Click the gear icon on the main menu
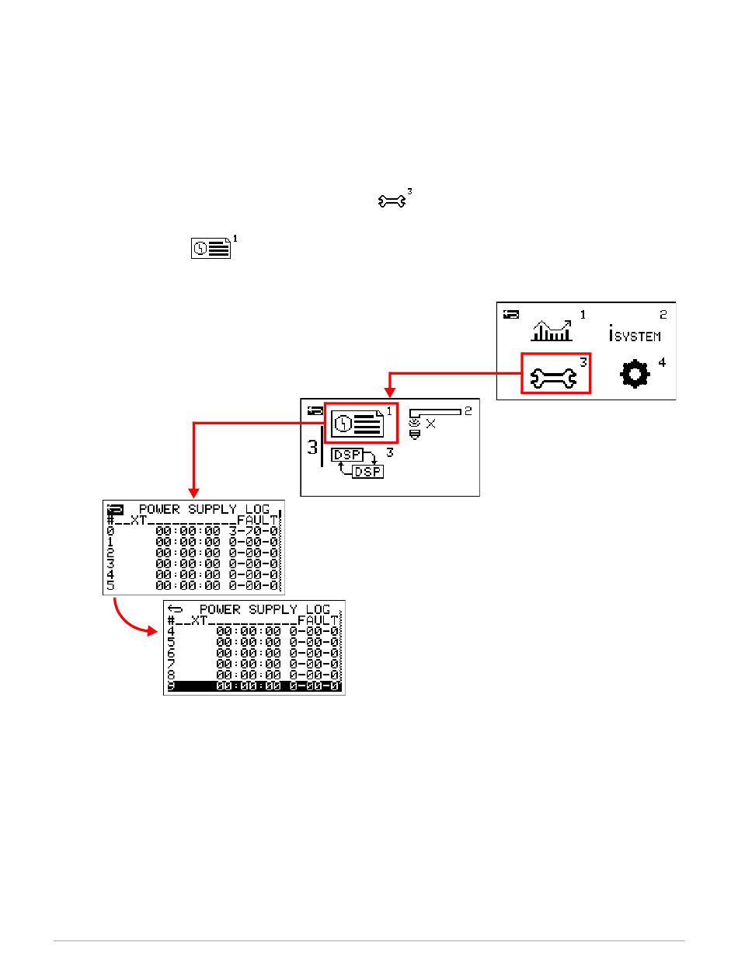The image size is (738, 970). coord(634,375)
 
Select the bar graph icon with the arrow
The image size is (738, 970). coord(552,330)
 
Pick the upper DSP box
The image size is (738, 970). coord(347,455)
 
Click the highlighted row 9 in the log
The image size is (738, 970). coord(254,686)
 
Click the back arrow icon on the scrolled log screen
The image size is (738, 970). coord(175,609)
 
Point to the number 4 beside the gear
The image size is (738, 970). coord(662,362)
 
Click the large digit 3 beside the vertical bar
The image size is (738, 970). coord(312,448)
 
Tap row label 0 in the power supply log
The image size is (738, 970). coord(110,530)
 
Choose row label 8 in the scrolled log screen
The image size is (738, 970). coord(171,675)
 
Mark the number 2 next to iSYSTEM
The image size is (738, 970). coord(663,315)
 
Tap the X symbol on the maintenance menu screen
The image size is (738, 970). coord(431,424)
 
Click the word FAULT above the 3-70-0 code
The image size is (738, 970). coord(256,519)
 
